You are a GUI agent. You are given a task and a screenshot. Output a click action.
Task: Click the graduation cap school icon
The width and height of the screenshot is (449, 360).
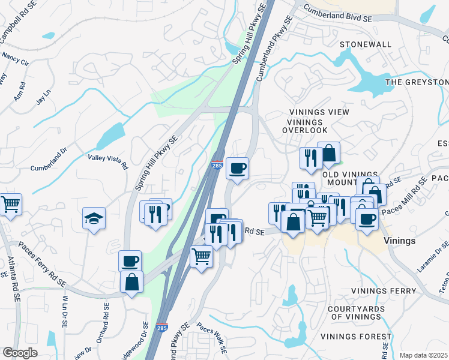click(94, 219)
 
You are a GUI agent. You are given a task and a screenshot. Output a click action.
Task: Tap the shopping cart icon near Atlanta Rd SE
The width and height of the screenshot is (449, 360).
click(11, 205)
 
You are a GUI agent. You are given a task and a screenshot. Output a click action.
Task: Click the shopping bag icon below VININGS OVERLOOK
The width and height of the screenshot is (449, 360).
click(328, 154)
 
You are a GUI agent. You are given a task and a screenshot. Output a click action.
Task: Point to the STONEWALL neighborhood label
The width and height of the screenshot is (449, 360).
click(365, 45)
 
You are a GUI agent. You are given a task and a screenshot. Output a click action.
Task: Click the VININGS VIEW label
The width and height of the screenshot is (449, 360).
click(319, 112)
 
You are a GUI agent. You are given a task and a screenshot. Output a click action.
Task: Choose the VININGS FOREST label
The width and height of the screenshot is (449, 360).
click(356, 337)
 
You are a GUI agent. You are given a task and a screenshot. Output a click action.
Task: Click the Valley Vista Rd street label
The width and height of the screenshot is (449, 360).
click(108, 161)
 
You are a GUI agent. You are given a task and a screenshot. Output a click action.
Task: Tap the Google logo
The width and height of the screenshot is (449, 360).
click(20, 353)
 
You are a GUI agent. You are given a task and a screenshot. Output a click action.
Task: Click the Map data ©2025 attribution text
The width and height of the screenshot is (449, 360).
click(424, 355)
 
